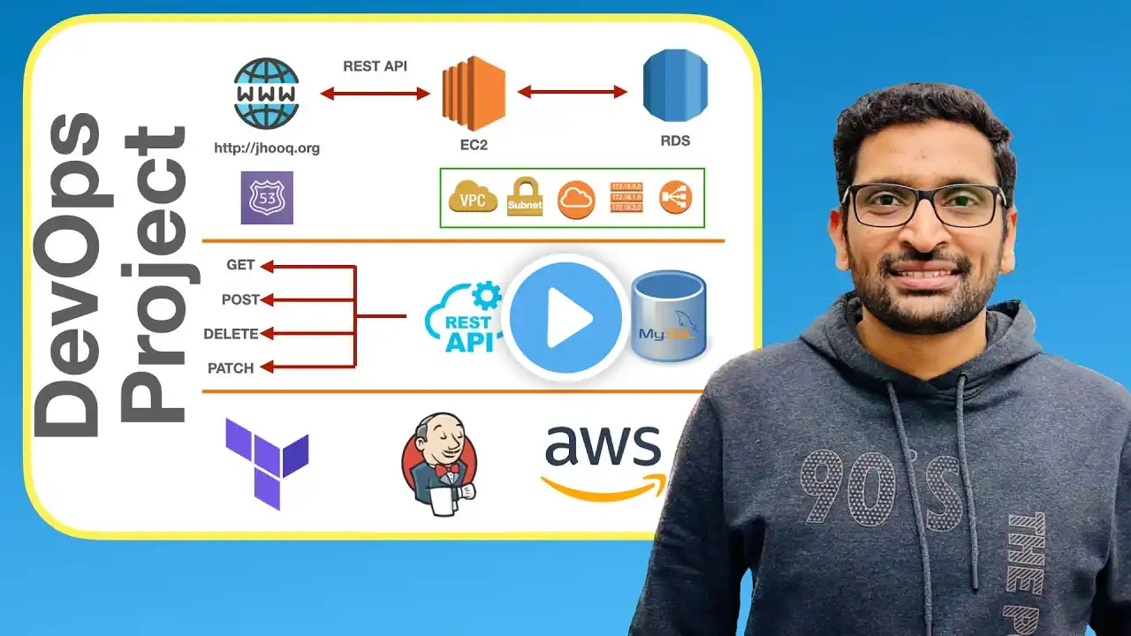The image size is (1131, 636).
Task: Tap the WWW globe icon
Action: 266,94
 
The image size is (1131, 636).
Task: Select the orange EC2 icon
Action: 473,93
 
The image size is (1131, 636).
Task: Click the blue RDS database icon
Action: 675,86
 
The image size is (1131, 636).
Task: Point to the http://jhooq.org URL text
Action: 267,148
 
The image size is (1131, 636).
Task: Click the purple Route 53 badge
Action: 267,198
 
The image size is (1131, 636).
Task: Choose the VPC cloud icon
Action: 473,199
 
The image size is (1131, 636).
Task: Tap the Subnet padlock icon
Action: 525,196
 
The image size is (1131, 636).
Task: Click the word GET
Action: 240,265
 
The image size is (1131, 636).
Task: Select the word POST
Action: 240,299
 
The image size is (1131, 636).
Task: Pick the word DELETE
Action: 231,334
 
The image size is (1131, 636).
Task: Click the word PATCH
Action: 231,368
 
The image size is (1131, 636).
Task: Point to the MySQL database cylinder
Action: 669,316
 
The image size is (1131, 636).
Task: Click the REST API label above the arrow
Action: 375,66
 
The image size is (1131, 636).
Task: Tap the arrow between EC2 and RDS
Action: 572,92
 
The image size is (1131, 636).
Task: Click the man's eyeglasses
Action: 923,204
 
